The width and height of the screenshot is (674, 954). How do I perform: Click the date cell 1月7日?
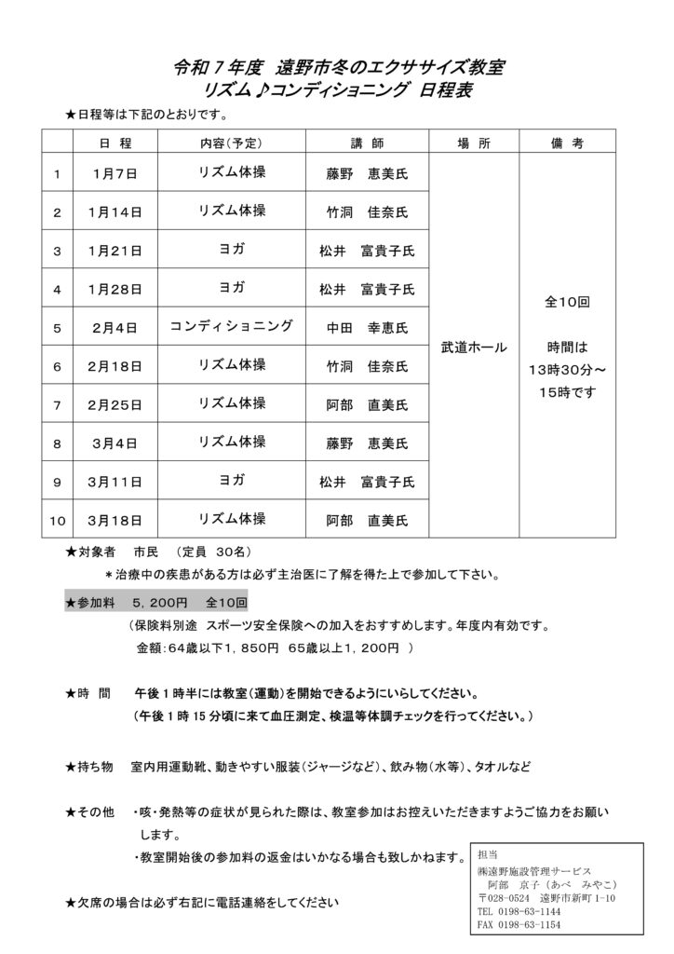point(116,174)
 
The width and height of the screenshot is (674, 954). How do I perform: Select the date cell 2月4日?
point(116,327)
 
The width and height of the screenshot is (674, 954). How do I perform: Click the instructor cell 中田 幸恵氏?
point(367,327)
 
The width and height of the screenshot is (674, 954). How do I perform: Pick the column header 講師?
point(367,143)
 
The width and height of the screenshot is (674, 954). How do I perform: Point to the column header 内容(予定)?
point(232,143)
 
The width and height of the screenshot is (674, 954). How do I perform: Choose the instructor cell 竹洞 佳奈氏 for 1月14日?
point(367,212)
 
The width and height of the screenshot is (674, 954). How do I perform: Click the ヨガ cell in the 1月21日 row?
point(232,250)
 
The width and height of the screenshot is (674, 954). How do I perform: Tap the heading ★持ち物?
point(89,767)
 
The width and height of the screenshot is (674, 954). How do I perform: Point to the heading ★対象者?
point(89,552)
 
